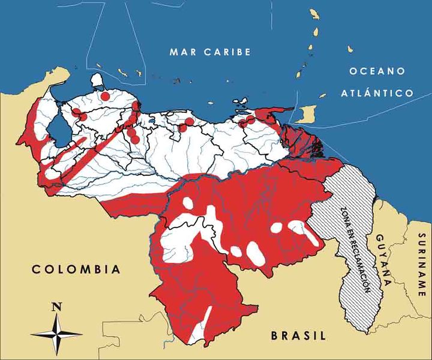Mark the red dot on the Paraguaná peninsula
105,95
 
